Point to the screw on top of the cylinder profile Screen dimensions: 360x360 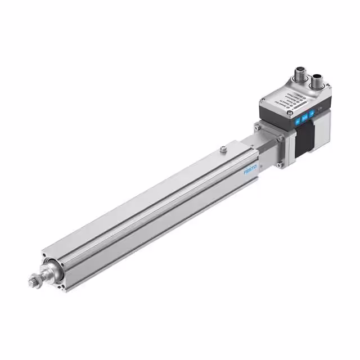pyautogui.click(x=224, y=149)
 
